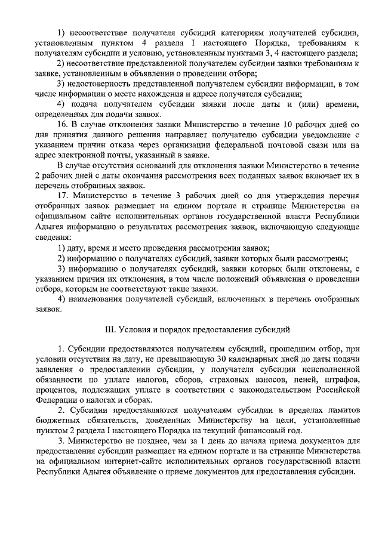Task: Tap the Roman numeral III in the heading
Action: pyautogui.click(x=110, y=329)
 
